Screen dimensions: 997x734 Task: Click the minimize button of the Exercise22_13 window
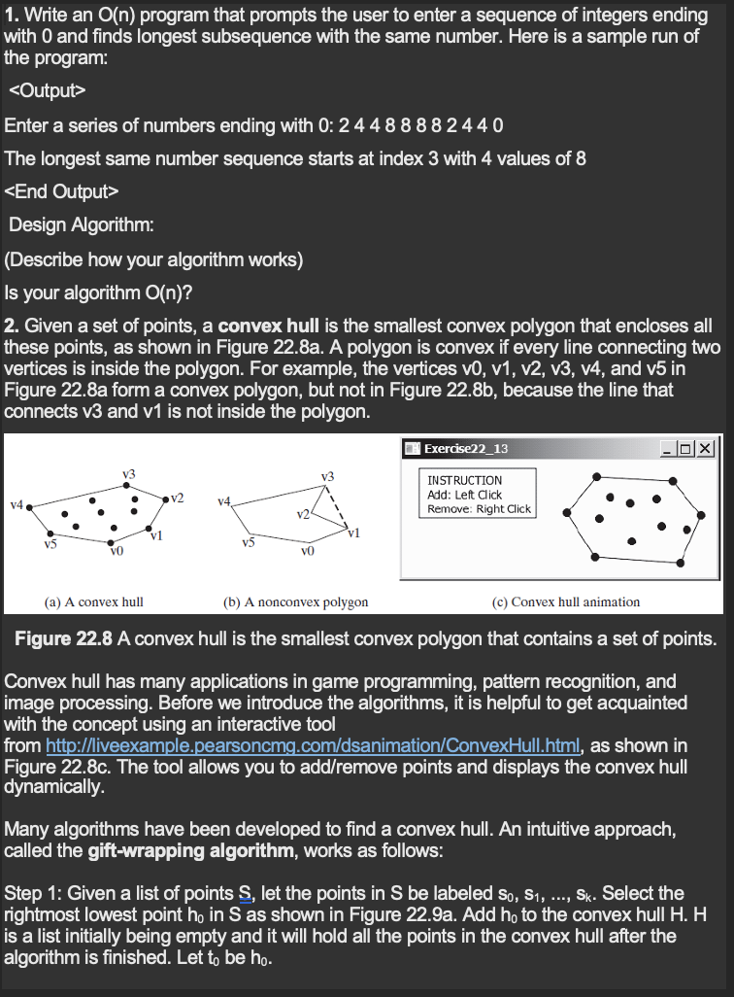click(667, 448)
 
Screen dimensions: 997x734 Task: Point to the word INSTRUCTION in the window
click(465, 480)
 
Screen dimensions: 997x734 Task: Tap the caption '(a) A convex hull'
click(94, 602)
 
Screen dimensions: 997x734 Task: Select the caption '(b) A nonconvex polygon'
click(295, 602)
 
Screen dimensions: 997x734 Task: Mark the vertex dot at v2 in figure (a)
click(162, 501)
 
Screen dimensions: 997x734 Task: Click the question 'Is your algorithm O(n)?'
click(93, 291)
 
